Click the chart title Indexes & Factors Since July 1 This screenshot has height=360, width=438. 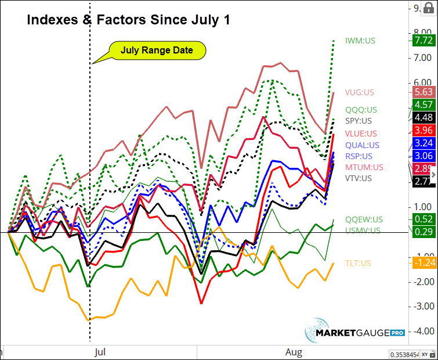coord(129,20)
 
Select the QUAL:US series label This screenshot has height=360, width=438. coord(363,145)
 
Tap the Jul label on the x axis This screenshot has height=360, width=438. coord(99,352)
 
